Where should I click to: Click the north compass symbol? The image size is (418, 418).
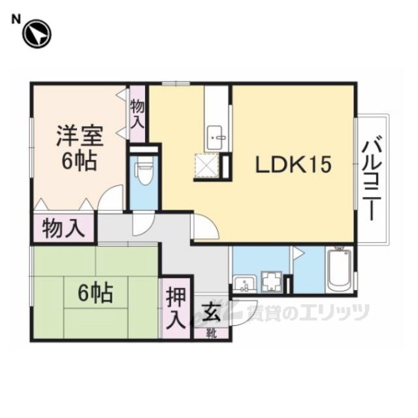pos(37,34)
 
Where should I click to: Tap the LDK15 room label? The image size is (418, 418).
pos(293,164)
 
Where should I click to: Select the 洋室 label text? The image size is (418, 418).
pos(80,137)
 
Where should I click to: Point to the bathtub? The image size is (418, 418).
pos(339,269)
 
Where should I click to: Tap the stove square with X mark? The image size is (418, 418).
pos(207,165)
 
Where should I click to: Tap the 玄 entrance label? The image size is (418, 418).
pos(212,313)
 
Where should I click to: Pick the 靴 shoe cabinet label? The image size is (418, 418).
pos(212,334)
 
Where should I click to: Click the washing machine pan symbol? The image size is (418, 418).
pos(272,282)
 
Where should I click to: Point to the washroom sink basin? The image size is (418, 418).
pos(244,284)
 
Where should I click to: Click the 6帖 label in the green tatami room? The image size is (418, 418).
pos(95,293)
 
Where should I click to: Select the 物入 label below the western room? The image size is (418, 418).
pos(63,229)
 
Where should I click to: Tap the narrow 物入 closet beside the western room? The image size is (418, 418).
pos(137,114)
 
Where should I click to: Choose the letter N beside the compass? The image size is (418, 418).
pos(16,20)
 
